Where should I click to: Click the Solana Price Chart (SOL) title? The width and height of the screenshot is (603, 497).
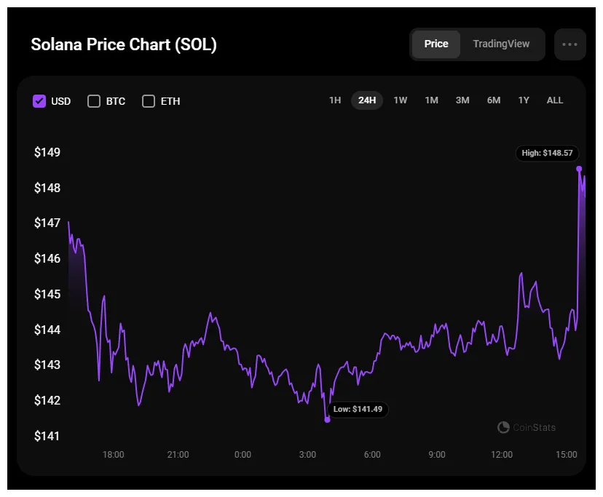pyautogui.click(x=124, y=44)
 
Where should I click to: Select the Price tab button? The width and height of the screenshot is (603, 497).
pyautogui.click(x=435, y=44)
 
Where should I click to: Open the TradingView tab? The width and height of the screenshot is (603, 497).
pyautogui.click(x=501, y=44)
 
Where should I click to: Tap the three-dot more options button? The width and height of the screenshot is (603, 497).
pyautogui.click(x=569, y=44)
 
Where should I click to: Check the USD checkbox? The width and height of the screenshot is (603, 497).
pyautogui.click(x=39, y=101)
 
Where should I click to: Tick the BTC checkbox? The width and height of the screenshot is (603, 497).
pyautogui.click(x=94, y=101)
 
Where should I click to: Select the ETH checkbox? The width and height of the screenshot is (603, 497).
pyautogui.click(x=149, y=101)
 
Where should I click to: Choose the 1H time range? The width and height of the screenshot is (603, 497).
pyautogui.click(x=335, y=100)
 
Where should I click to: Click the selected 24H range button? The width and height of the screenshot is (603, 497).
pyautogui.click(x=367, y=100)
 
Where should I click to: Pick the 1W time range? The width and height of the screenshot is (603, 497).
pyautogui.click(x=401, y=100)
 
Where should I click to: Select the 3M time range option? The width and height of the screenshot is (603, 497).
pyautogui.click(x=462, y=100)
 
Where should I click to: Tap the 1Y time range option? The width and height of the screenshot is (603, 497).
pyautogui.click(x=524, y=100)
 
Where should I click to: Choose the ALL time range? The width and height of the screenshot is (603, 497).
pyautogui.click(x=555, y=100)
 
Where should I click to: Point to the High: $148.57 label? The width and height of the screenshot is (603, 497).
pyautogui.click(x=547, y=154)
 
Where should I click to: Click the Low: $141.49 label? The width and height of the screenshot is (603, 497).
pyautogui.click(x=358, y=410)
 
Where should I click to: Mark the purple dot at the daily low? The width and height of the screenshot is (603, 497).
pyautogui.click(x=327, y=420)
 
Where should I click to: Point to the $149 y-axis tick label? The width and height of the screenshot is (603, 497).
pyautogui.click(x=47, y=153)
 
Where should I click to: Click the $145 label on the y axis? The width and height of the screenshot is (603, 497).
pyautogui.click(x=47, y=295)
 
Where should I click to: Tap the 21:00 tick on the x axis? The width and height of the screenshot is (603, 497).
pyautogui.click(x=178, y=455)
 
